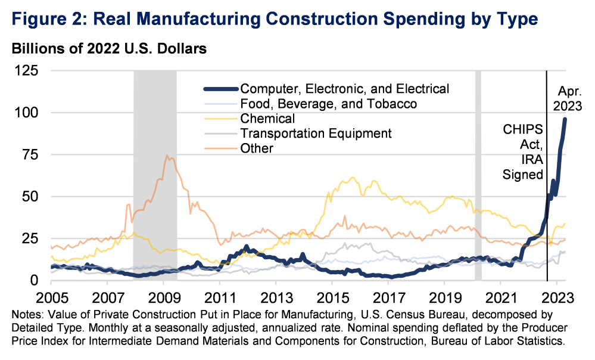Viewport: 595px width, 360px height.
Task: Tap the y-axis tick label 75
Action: (x=30, y=154)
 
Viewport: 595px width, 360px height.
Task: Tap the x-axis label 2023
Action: (x=558, y=296)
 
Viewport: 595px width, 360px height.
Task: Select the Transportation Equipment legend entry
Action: (x=316, y=134)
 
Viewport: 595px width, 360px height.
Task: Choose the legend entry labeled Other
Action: (x=256, y=148)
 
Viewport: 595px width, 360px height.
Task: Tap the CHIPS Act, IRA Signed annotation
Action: (x=521, y=151)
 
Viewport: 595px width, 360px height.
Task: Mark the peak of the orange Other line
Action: (x=167, y=156)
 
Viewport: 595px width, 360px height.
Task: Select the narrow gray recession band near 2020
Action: (x=478, y=179)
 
